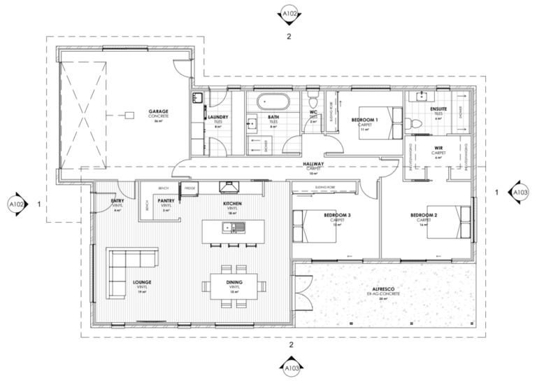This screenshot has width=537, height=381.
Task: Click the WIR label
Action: [x=439, y=148]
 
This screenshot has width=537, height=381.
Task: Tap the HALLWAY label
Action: [x=312, y=165]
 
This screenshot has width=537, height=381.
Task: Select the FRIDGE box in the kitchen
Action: [x=189, y=188]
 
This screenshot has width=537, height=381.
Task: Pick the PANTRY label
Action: [x=166, y=202]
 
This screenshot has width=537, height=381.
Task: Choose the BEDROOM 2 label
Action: [x=424, y=215]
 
